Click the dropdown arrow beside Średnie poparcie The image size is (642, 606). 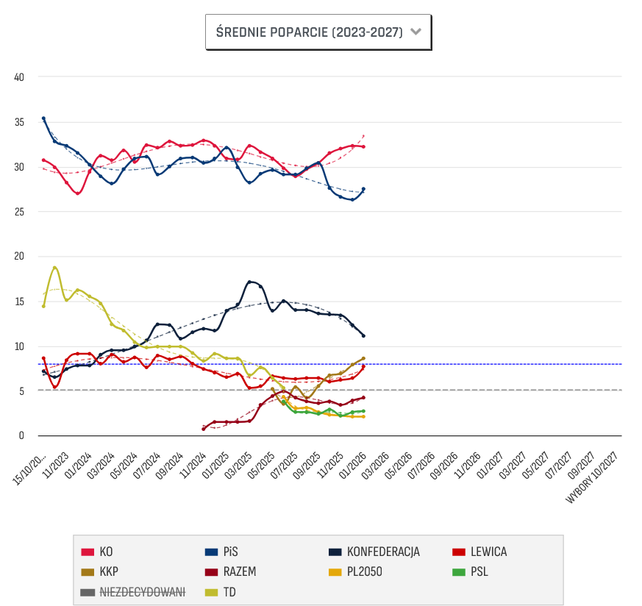pyautogui.click(x=415, y=32)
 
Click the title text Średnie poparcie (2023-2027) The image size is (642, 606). pyautogui.click(x=309, y=32)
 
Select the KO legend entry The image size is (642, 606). pyautogui.click(x=106, y=552)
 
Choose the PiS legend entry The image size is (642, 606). pyautogui.click(x=230, y=552)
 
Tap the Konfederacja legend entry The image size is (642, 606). pyautogui.click(x=382, y=552)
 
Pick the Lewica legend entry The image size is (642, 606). pyautogui.click(x=487, y=552)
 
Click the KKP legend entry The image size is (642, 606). pyautogui.click(x=108, y=571)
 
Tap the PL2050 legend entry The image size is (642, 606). pyautogui.click(x=365, y=571)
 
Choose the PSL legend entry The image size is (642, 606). pyautogui.click(x=479, y=571)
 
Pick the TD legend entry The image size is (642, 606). pyautogui.click(x=229, y=591)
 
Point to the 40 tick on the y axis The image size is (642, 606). pyautogui.click(x=19, y=77)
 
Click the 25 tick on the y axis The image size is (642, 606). pyautogui.click(x=19, y=212)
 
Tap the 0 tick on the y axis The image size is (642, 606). pyautogui.click(x=21, y=436)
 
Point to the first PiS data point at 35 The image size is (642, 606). pyautogui.click(x=43, y=118)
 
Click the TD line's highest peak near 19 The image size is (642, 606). pyautogui.click(x=55, y=268)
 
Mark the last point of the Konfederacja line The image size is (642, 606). pyautogui.click(x=363, y=335)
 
